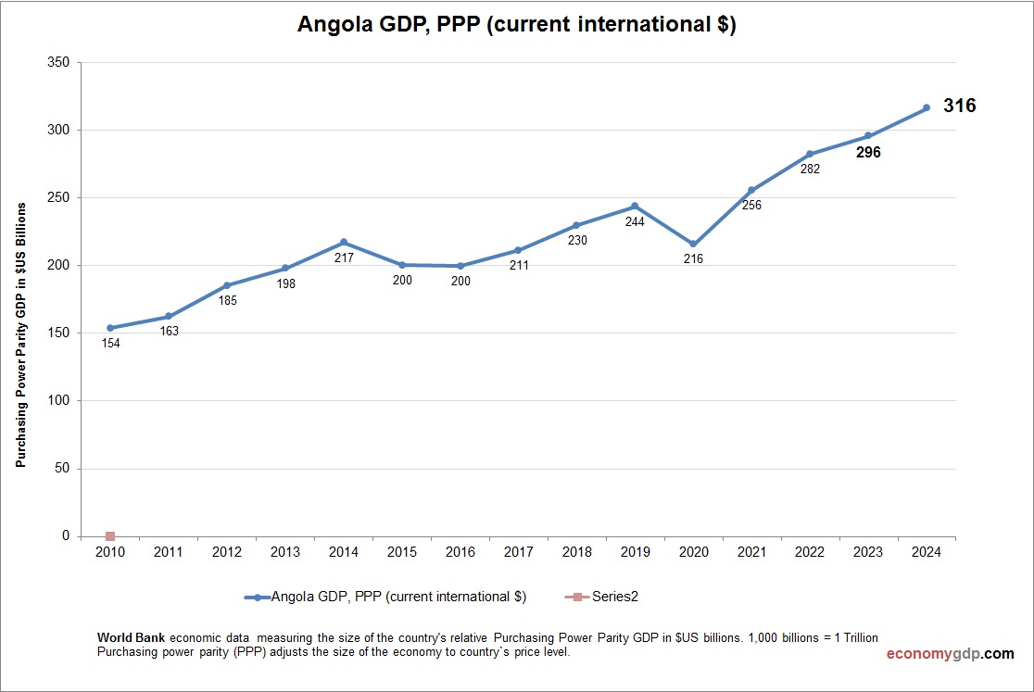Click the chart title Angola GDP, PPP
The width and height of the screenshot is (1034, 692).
click(x=516, y=25)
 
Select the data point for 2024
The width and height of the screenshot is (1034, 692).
click(x=926, y=108)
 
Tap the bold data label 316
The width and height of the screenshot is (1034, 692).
click(x=959, y=107)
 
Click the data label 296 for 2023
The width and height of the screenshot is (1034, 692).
click(x=868, y=153)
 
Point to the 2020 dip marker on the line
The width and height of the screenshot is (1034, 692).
click(x=693, y=244)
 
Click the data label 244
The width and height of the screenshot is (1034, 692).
click(x=635, y=221)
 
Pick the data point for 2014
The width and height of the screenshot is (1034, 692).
click(x=344, y=242)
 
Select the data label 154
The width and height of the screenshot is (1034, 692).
click(x=110, y=343)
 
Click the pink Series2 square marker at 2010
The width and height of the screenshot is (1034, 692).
click(x=110, y=536)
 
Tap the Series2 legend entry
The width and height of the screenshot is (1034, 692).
click(x=602, y=597)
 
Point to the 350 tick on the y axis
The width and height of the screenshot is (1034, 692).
click(x=58, y=62)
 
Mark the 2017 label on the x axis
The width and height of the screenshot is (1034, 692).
click(x=518, y=552)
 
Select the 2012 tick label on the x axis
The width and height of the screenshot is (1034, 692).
click(x=227, y=552)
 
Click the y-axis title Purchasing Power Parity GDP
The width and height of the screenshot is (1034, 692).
click(x=20, y=334)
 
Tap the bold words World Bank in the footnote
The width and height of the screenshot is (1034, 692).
click(x=132, y=638)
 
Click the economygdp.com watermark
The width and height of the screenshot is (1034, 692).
click(x=950, y=654)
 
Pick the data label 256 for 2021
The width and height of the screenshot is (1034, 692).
click(x=751, y=205)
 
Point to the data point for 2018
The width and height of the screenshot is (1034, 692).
click(x=576, y=225)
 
